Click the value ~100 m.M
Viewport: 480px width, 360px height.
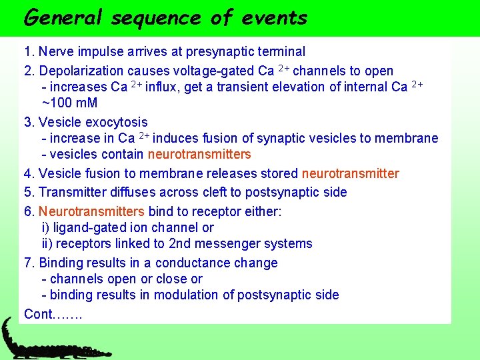click(x=69, y=103)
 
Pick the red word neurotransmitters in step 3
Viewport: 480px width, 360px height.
click(x=199, y=155)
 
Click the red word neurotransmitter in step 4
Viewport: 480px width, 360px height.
click(x=350, y=174)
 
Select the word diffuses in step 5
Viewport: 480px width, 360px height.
click(x=131, y=193)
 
